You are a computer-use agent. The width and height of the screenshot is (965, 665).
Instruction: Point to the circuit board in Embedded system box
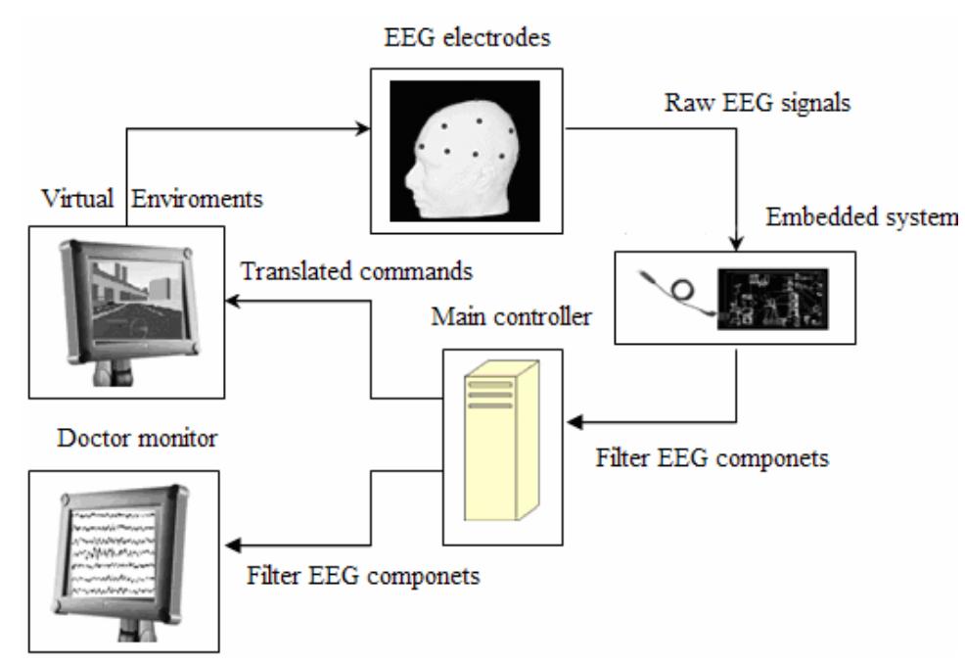coord(772,297)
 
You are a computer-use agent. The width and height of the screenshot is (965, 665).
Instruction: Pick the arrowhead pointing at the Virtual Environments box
coord(235,303)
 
